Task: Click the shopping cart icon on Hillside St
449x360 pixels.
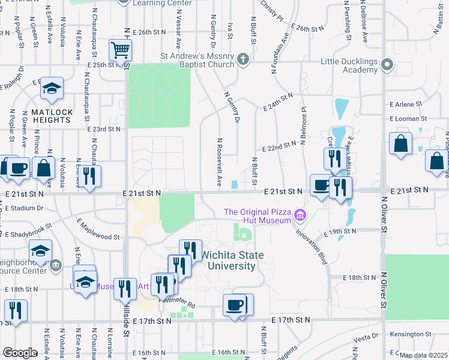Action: pos(121,50)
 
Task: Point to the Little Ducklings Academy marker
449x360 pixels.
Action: pos(388,64)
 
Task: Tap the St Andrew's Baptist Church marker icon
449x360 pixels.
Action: pos(243,59)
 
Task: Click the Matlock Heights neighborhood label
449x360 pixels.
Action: pos(52,116)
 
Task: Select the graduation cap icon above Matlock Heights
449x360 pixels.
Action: pos(52,88)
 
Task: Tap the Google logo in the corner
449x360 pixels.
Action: pos(20,352)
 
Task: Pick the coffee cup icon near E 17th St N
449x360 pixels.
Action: pos(234,305)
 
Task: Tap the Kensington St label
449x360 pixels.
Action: pos(411,334)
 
